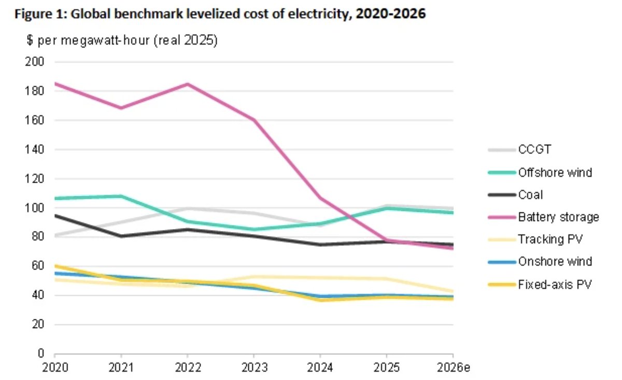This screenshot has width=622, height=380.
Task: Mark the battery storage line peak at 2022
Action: click(188, 84)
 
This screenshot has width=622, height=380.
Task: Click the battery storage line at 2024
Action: click(320, 198)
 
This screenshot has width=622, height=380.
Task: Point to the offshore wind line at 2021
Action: click(121, 196)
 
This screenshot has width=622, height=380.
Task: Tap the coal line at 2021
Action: click(121, 236)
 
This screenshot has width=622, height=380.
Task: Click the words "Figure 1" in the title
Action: click(35, 15)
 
